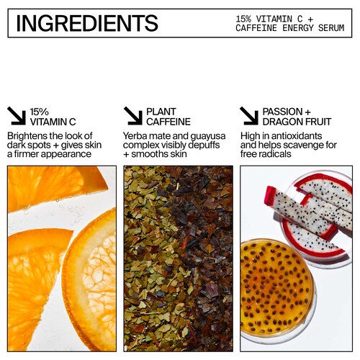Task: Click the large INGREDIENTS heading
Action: [87, 23]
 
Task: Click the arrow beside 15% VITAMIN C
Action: [17, 116]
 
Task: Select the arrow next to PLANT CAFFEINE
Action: [133, 116]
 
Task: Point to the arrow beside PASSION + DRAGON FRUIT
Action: [249, 116]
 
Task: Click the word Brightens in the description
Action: [27, 136]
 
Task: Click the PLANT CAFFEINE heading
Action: [168, 117]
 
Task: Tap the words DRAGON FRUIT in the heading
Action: [297, 122]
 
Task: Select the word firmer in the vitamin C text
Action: [26, 154]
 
